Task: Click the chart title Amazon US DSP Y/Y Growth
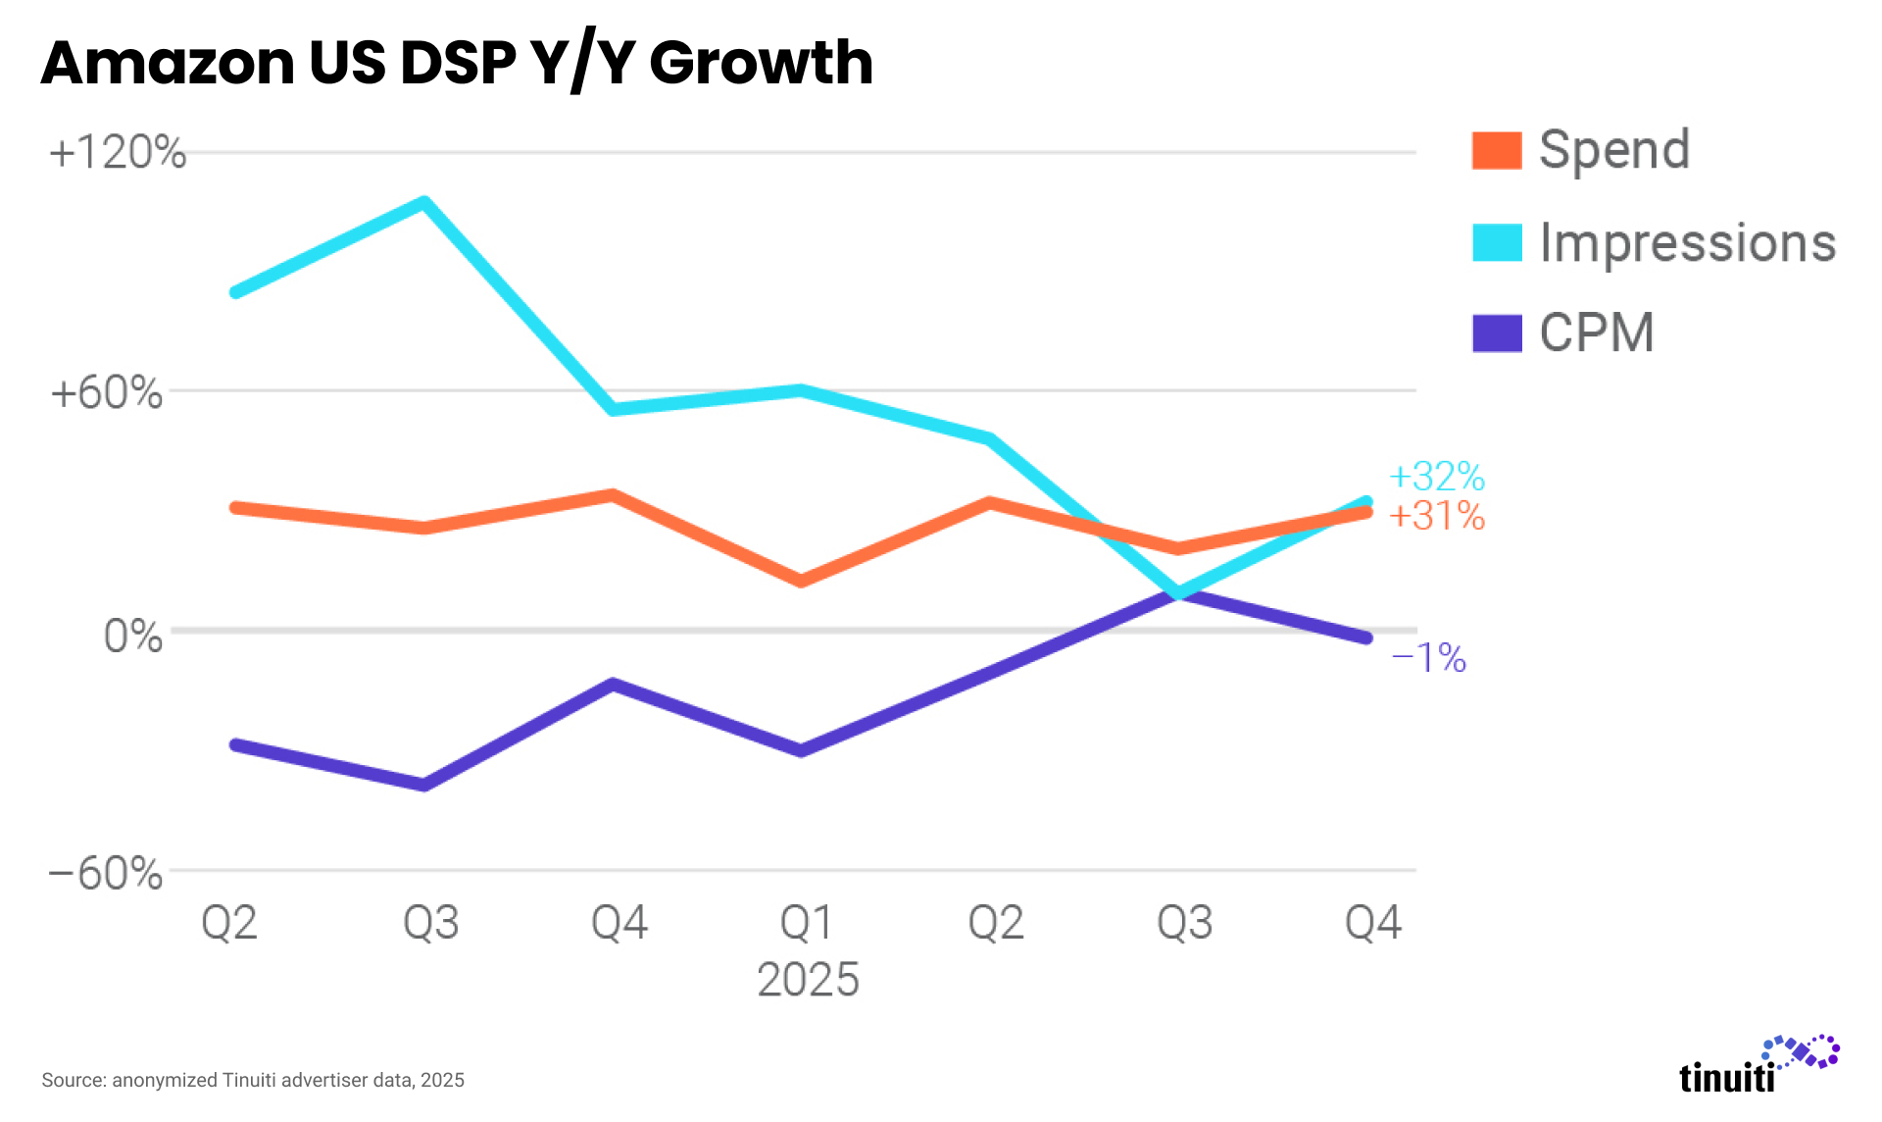click(457, 63)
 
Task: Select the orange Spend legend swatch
click(1497, 151)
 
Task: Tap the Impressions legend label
click(1687, 242)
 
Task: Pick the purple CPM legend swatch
click(1497, 333)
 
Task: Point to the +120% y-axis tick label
click(118, 153)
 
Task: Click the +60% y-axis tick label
click(107, 392)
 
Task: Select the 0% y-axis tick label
click(133, 636)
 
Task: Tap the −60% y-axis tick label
click(106, 872)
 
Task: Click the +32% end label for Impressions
click(1437, 477)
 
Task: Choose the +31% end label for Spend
click(1437, 516)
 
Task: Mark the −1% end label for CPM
click(1429, 658)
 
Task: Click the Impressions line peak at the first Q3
click(423, 203)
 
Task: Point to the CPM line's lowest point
click(423, 785)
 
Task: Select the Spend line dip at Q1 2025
click(801, 581)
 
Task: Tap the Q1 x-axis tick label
click(806, 922)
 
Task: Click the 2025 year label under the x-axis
click(808, 979)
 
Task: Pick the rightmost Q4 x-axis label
click(1372, 922)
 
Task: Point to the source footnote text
click(253, 1080)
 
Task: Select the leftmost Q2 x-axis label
click(229, 922)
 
